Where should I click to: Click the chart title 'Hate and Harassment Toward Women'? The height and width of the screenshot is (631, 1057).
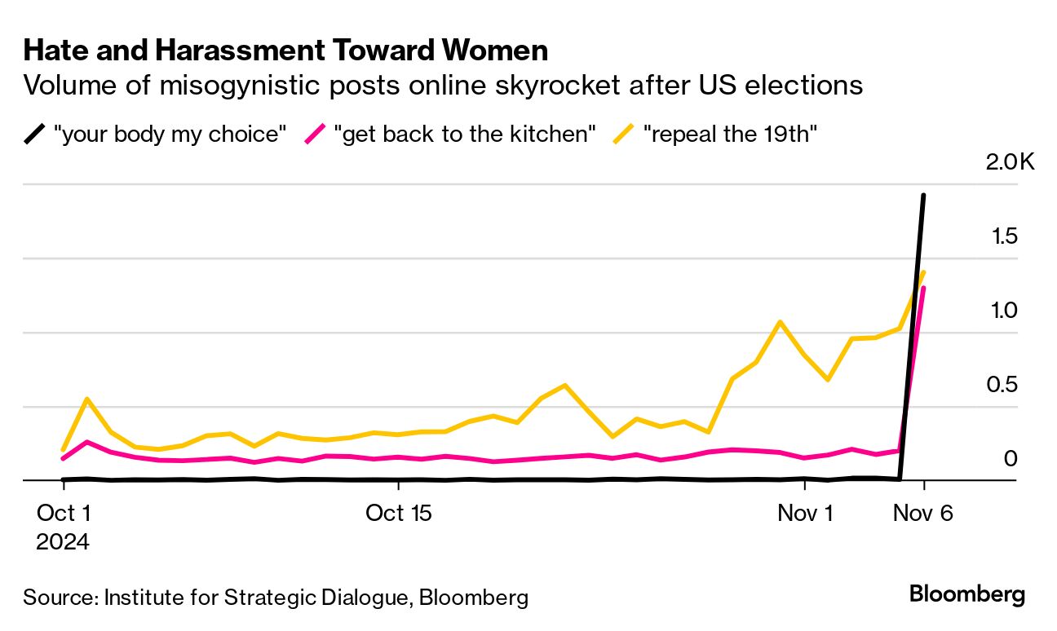[x=285, y=51]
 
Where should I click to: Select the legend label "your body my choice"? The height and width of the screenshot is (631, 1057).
[x=170, y=134]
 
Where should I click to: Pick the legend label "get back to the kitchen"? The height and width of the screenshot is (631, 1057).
[x=466, y=134]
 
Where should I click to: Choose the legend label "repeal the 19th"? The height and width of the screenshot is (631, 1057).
[x=730, y=134]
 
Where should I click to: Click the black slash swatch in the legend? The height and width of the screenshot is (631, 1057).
[x=34, y=134]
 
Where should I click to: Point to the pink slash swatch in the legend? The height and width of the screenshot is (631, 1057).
[x=315, y=134]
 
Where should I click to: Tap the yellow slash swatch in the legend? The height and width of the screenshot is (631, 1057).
[x=624, y=134]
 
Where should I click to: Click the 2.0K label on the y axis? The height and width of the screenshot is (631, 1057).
[x=1010, y=162]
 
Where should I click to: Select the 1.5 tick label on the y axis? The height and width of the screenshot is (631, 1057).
[x=1004, y=236]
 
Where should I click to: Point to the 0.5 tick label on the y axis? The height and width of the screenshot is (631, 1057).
[x=1004, y=384]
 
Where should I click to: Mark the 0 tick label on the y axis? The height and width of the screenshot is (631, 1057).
[x=1011, y=458]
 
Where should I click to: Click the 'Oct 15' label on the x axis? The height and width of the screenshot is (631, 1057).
[x=398, y=513]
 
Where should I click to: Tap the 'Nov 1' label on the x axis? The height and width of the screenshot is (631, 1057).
[x=805, y=513]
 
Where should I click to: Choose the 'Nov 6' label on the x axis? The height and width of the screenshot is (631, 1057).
[x=922, y=513]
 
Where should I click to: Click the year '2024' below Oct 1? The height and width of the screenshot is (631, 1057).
[x=63, y=541]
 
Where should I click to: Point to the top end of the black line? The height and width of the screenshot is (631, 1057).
[x=923, y=196]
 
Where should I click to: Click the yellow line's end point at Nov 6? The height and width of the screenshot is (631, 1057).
[x=923, y=272]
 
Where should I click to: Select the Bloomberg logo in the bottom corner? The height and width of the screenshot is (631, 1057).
[x=967, y=593]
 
